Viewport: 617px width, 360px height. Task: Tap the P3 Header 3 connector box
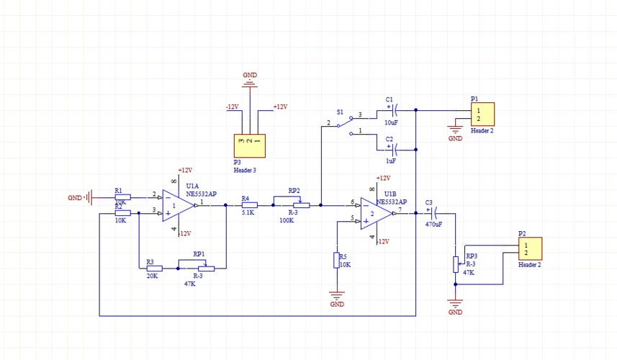coord(249,145)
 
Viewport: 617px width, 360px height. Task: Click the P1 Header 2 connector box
coord(482,114)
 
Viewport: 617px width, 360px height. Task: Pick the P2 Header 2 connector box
coord(530,248)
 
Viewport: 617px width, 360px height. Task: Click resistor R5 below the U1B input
coord(336,260)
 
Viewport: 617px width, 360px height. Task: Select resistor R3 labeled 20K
coord(154,268)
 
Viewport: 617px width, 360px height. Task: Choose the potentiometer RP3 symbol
coord(455,264)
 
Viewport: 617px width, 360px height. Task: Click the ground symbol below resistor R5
coord(337,295)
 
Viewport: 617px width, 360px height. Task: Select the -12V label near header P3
coord(232,107)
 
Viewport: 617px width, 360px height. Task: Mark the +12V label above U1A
coord(185,170)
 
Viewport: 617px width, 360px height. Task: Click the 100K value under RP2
coord(287,220)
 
